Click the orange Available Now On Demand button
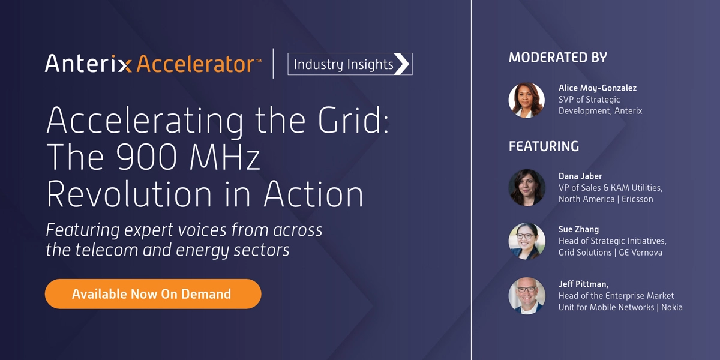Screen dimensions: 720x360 click(x=153, y=294)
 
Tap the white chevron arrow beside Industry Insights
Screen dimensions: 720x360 click(x=402, y=64)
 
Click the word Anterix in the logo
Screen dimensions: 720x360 click(x=88, y=64)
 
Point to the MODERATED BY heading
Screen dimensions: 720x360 click(x=558, y=58)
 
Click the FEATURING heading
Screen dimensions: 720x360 click(x=544, y=146)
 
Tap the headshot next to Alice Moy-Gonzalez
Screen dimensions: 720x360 click(x=527, y=100)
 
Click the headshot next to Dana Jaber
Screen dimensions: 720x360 click(x=527, y=188)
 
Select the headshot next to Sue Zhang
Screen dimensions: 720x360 click(x=527, y=241)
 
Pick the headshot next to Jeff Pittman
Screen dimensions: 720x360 click(x=527, y=296)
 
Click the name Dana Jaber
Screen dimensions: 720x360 click(x=580, y=176)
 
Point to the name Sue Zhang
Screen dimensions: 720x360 click(x=578, y=229)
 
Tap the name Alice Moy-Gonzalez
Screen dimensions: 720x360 click(x=598, y=88)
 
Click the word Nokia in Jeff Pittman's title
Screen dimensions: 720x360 click(x=672, y=307)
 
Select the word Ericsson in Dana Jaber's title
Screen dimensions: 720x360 click(x=637, y=199)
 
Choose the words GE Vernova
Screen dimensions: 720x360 click(x=641, y=253)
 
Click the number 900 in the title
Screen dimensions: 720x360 click(x=146, y=157)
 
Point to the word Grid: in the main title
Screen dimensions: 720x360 click(x=353, y=120)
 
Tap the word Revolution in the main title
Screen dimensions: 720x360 click(x=129, y=194)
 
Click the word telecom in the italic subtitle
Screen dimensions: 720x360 click(x=106, y=250)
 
